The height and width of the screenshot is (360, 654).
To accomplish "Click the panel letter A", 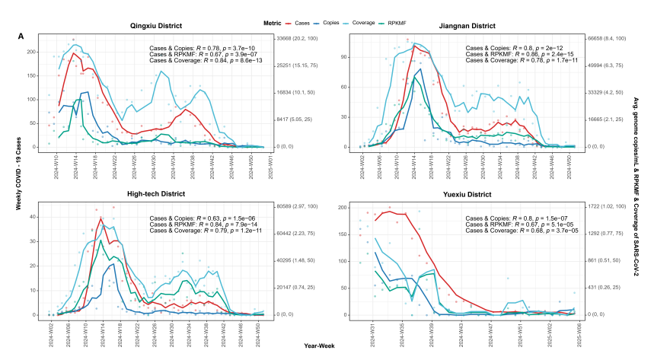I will (x=21, y=37).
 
